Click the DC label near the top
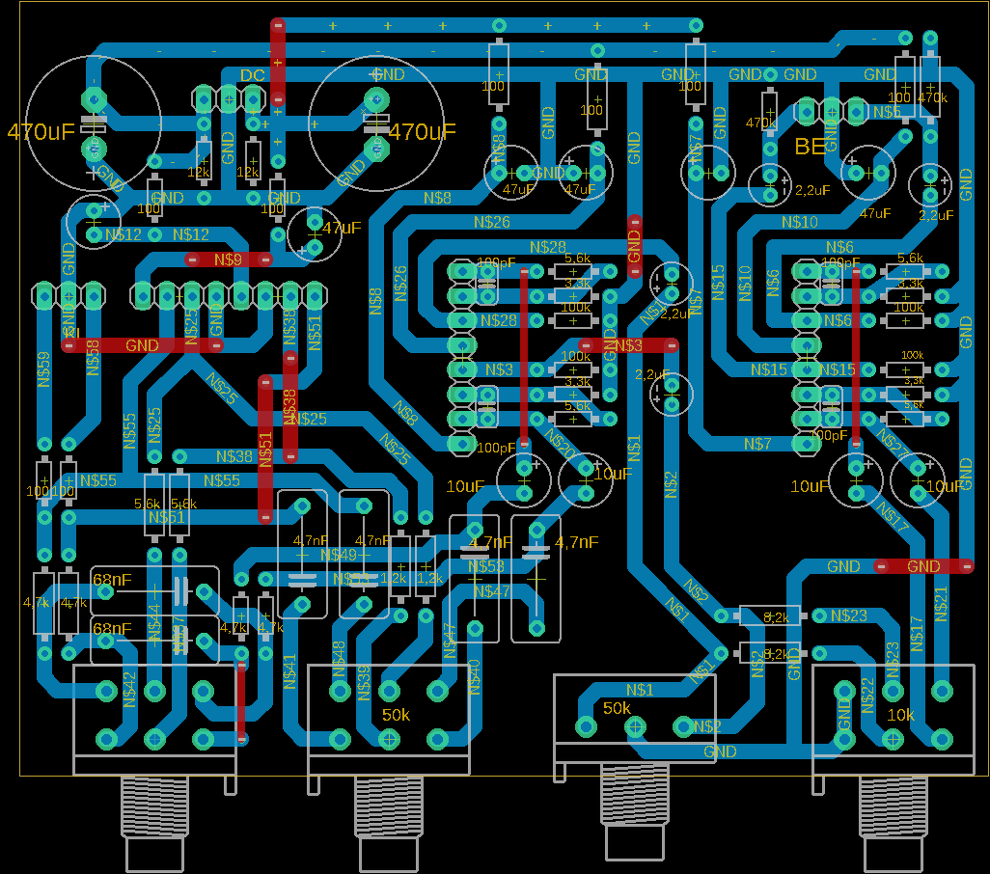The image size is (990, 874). [253, 75]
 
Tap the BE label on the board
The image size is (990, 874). [810, 147]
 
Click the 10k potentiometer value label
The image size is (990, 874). [900, 715]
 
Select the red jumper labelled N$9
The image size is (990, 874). [229, 259]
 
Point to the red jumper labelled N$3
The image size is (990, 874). [628, 344]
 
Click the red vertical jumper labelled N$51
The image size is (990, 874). [265, 449]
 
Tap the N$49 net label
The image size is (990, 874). [338, 555]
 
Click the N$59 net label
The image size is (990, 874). [43, 369]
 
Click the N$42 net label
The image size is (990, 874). [130, 689]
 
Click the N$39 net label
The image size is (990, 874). [364, 682]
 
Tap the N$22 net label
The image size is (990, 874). [867, 696]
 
